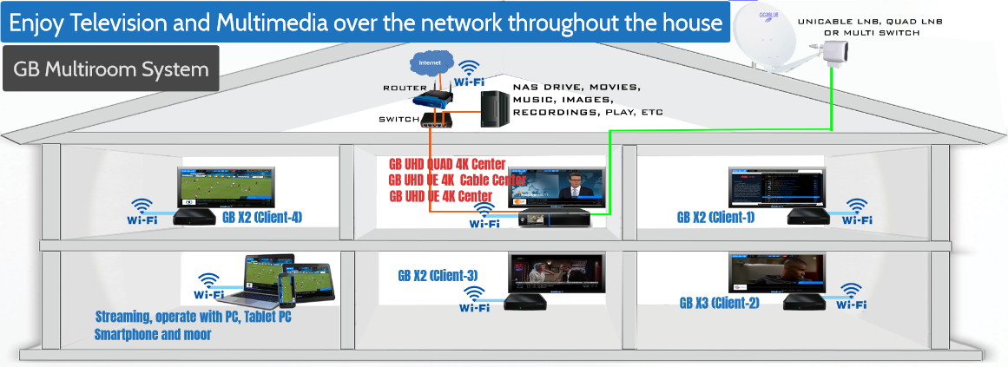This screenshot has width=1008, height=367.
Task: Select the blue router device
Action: pyautogui.click(x=430, y=98)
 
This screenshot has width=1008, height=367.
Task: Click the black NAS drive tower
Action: pyautogui.click(x=495, y=108)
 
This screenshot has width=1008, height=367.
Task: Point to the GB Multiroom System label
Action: pyautogui.click(x=110, y=69)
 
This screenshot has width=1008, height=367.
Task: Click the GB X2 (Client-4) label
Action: pyautogui.click(x=262, y=218)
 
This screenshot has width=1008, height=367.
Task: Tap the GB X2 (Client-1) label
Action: pyautogui.click(x=715, y=217)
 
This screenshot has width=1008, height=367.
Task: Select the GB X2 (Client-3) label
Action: pyautogui.click(x=438, y=276)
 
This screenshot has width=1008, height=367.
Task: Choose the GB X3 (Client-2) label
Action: pyautogui.click(x=720, y=302)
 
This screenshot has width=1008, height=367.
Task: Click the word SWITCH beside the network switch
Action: pyautogui.click(x=399, y=119)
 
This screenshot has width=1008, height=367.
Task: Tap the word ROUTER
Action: pyautogui.click(x=403, y=88)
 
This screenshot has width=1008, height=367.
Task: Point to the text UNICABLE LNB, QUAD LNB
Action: pyautogui.click(x=870, y=21)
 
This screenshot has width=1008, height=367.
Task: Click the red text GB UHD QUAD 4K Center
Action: pyautogui.click(x=447, y=165)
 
